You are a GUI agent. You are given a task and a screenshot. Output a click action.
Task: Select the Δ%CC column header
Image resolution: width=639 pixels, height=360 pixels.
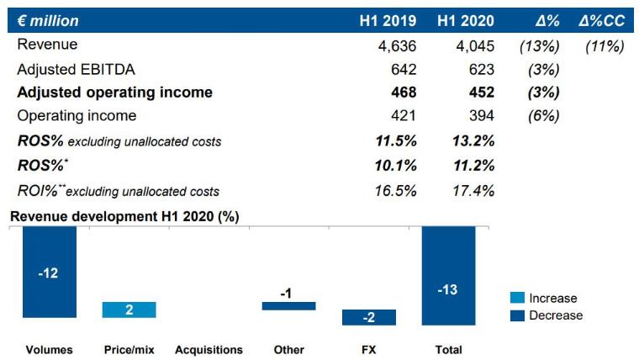click(601, 20)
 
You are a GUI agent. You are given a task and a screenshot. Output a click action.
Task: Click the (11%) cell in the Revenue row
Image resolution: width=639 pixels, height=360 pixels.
click(604, 45)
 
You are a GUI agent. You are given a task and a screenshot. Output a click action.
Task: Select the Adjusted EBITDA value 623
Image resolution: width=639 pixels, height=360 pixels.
click(483, 69)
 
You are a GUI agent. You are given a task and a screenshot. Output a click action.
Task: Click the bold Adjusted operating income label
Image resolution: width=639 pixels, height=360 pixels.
click(114, 93)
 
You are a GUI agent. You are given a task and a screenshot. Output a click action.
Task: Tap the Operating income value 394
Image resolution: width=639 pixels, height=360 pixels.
click(483, 116)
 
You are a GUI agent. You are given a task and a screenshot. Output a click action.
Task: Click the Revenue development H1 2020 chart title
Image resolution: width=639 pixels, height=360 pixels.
click(124, 216)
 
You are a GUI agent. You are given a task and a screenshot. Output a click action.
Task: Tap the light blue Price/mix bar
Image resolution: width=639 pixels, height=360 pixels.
click(129, 310)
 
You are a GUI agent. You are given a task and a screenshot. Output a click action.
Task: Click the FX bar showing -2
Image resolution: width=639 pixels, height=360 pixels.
click(368, 317)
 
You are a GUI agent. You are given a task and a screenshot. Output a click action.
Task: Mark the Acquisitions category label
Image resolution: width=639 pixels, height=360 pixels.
click(209, 349)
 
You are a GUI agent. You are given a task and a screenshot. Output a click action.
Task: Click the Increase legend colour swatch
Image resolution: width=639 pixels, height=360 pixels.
click(518, 298)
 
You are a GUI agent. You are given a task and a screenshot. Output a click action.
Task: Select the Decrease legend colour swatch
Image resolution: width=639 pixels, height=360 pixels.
click(518, 315)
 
